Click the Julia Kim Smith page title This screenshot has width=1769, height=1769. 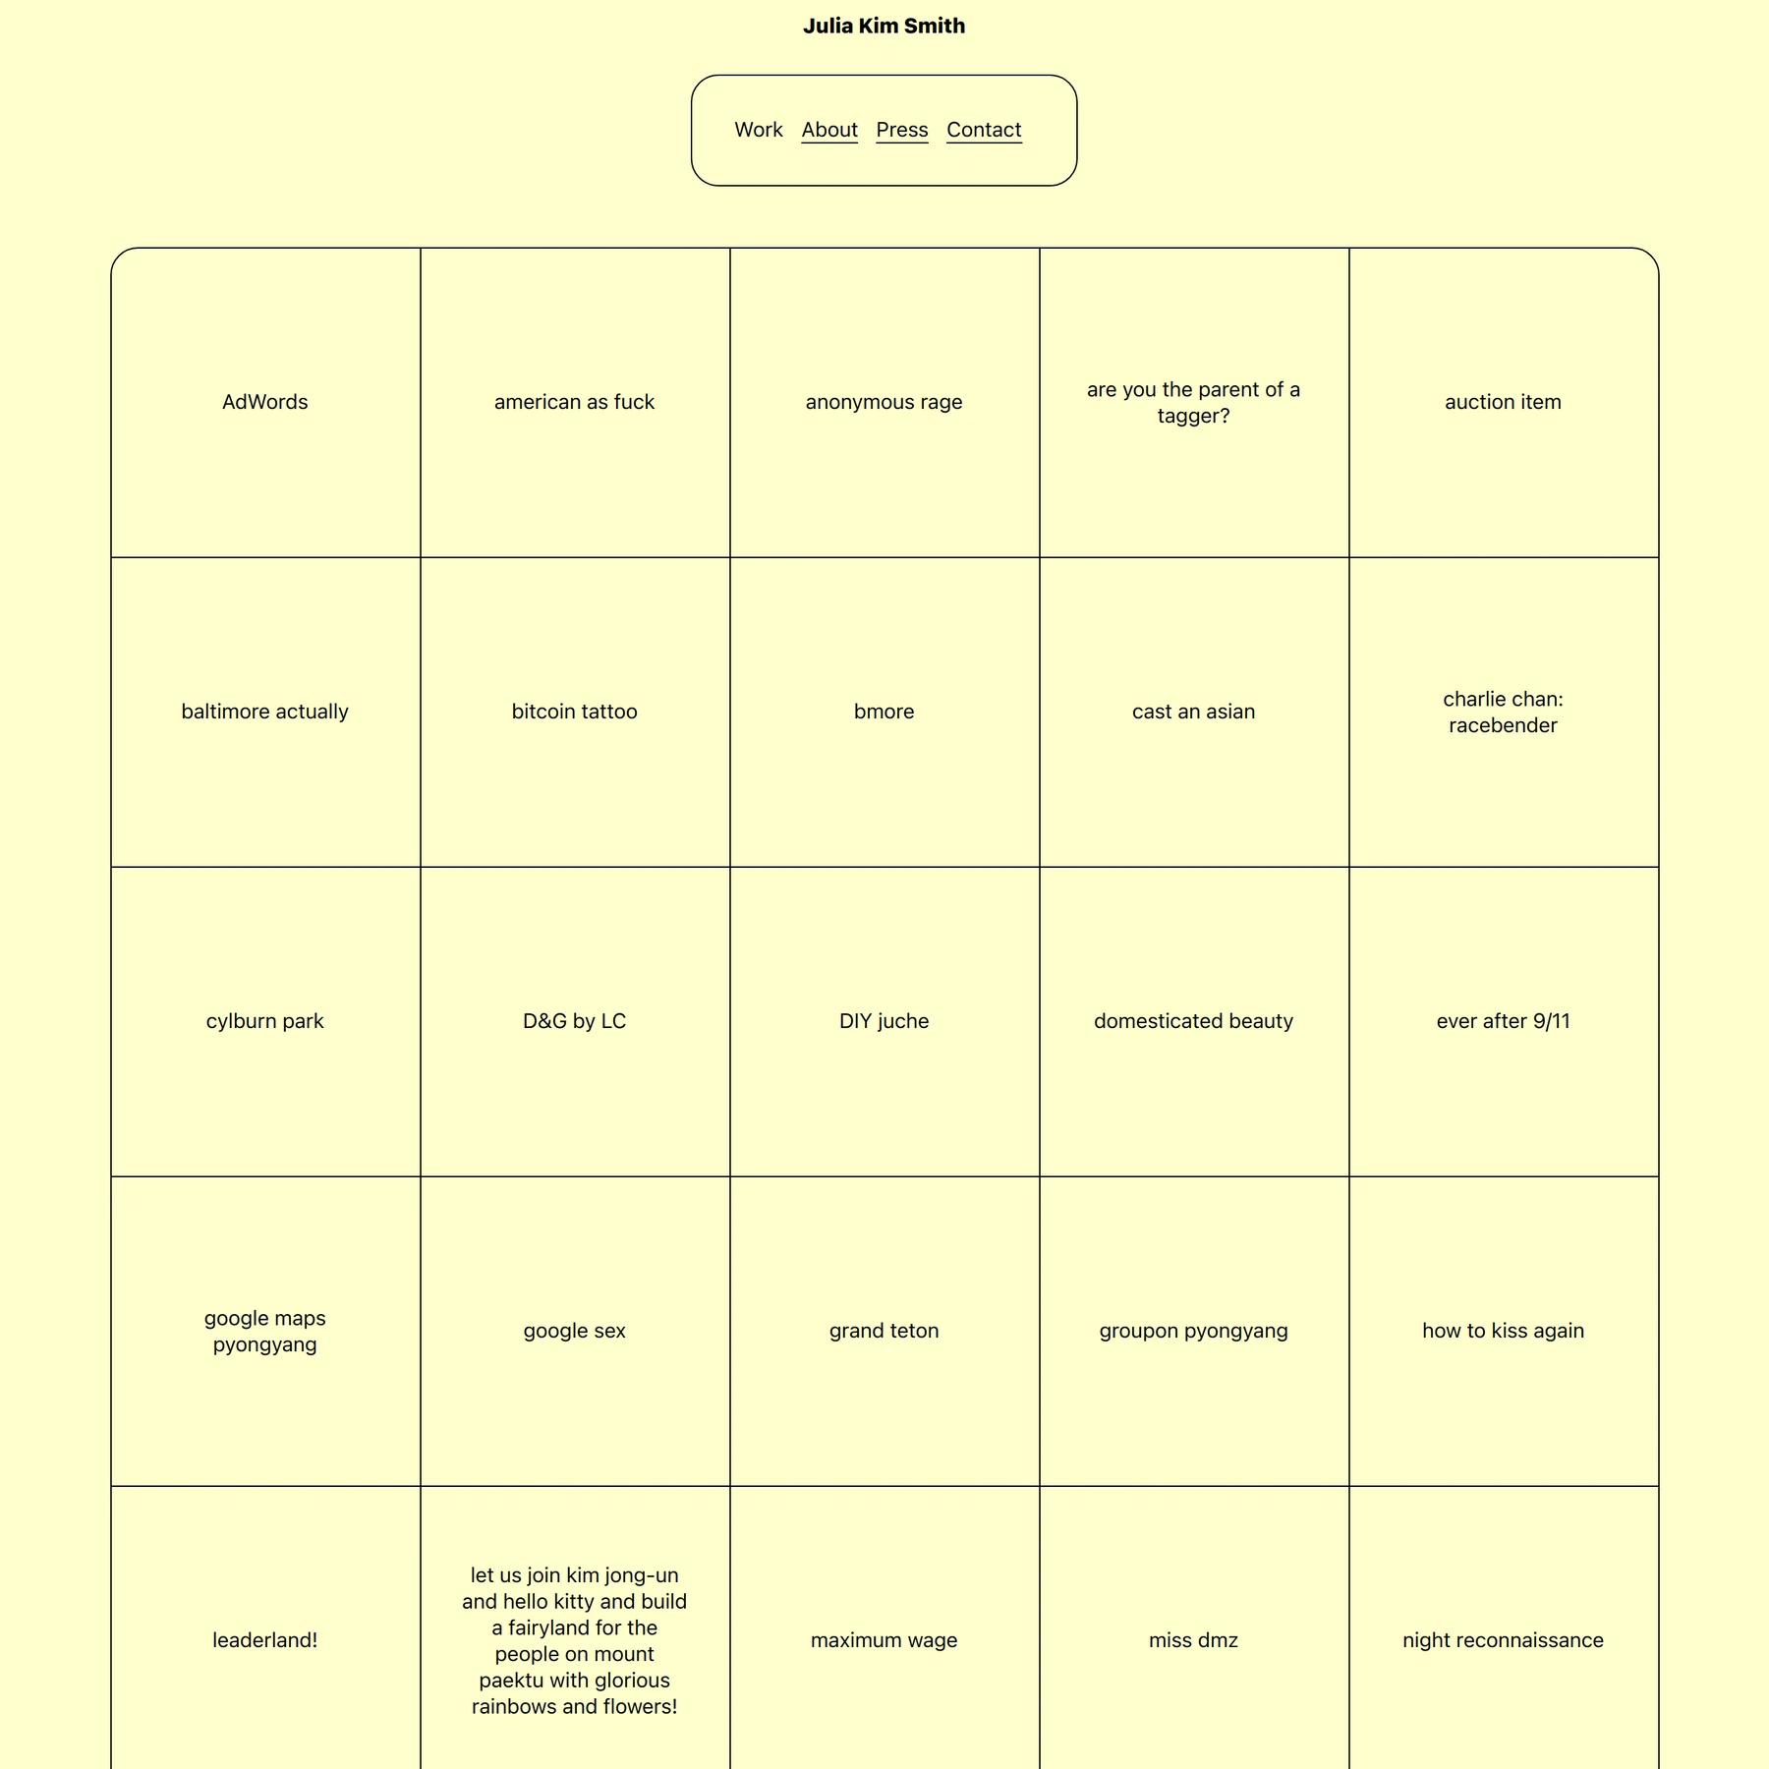(x=884, y=27)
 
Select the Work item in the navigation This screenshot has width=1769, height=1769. (x=758, y=130)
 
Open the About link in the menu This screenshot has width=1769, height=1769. (x=829, y=130)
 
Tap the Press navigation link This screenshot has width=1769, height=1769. (x=901, y=130)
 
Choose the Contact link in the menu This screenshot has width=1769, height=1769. (x=984, y=130)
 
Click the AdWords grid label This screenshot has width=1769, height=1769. (x=265, y=402)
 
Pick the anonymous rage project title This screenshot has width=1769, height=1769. (x=884, y=402)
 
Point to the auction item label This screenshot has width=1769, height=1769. (x=1503, y=402)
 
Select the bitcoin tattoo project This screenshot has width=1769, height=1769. (x=574, y=712)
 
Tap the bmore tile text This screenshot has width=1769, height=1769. (x=884, y=712)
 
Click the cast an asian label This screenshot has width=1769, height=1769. (x=1193, y=712)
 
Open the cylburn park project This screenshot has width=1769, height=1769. (x=265, y=1021)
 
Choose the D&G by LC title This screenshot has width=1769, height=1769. (x=574, y=1021)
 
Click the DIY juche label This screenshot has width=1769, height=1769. (x=884, y=1021)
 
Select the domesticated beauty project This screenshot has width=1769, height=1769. (x=1193, y=1021)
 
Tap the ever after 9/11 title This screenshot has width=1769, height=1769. (x=1503, y=1021)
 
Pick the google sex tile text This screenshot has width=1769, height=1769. (x=574, y=1331)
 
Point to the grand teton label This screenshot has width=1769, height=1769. (x=884, y=1331)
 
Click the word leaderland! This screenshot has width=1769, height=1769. (x=265, y=1640)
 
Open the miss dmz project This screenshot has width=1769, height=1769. (x=1193, y=1640)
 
